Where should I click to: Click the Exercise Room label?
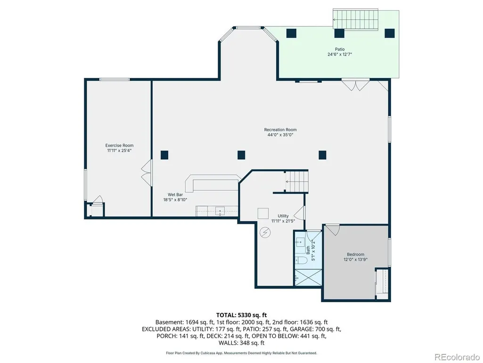point(120,145)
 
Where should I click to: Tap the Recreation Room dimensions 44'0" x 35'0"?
point(280,135)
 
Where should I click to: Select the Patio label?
point(340,49)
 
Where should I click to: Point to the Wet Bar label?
point(175,195)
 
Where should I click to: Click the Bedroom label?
point(355,254)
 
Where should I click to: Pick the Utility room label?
point(283,216)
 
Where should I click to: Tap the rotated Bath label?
point(308,250)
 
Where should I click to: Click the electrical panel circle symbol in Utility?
point(265,232)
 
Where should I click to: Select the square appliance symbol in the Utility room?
point(263,213)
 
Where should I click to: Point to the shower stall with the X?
point(308,278)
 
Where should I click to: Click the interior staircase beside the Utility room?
point(297,181)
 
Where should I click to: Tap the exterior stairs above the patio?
point(355,19)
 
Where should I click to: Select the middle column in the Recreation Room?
point(241,155)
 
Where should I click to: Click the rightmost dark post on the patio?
point(390,33)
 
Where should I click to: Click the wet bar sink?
point(220,211)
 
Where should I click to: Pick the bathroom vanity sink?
point(300,242)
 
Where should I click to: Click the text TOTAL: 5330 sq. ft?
point(241,315)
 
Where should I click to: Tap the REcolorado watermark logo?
point(457,357)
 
